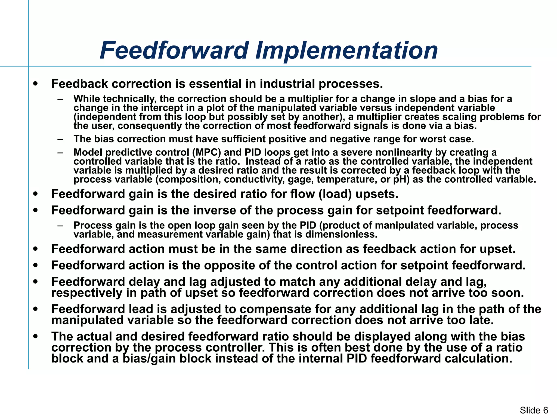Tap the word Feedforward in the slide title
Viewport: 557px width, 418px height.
[x=174, y=51]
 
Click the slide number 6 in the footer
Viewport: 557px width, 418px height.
[x=545, y=410]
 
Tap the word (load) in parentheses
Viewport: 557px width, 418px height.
[x=335, y=194]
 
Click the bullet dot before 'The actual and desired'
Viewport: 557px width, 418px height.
[x=35, y=336]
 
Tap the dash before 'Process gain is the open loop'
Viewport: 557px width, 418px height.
[x=60, y=226]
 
